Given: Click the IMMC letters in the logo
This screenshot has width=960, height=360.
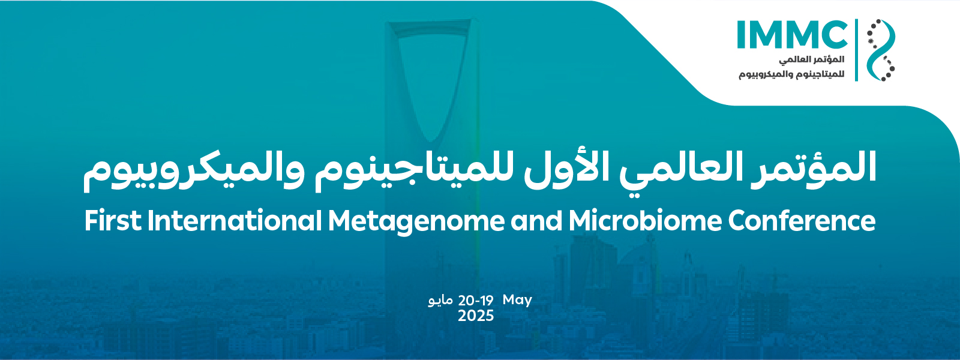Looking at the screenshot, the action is [x=792, y=34].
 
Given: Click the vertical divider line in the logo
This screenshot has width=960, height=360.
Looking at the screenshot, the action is [x=857, y=50].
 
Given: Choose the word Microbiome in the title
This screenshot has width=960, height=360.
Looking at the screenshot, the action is [x=645, y=221].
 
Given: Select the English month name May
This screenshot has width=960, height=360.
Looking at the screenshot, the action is [x=517, y=301].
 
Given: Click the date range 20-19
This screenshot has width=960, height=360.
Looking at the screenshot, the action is [x=476, y=301].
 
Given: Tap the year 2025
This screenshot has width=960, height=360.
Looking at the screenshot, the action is [x=476, y=316].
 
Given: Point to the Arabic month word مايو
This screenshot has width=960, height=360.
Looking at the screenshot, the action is [x=440, y=301].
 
